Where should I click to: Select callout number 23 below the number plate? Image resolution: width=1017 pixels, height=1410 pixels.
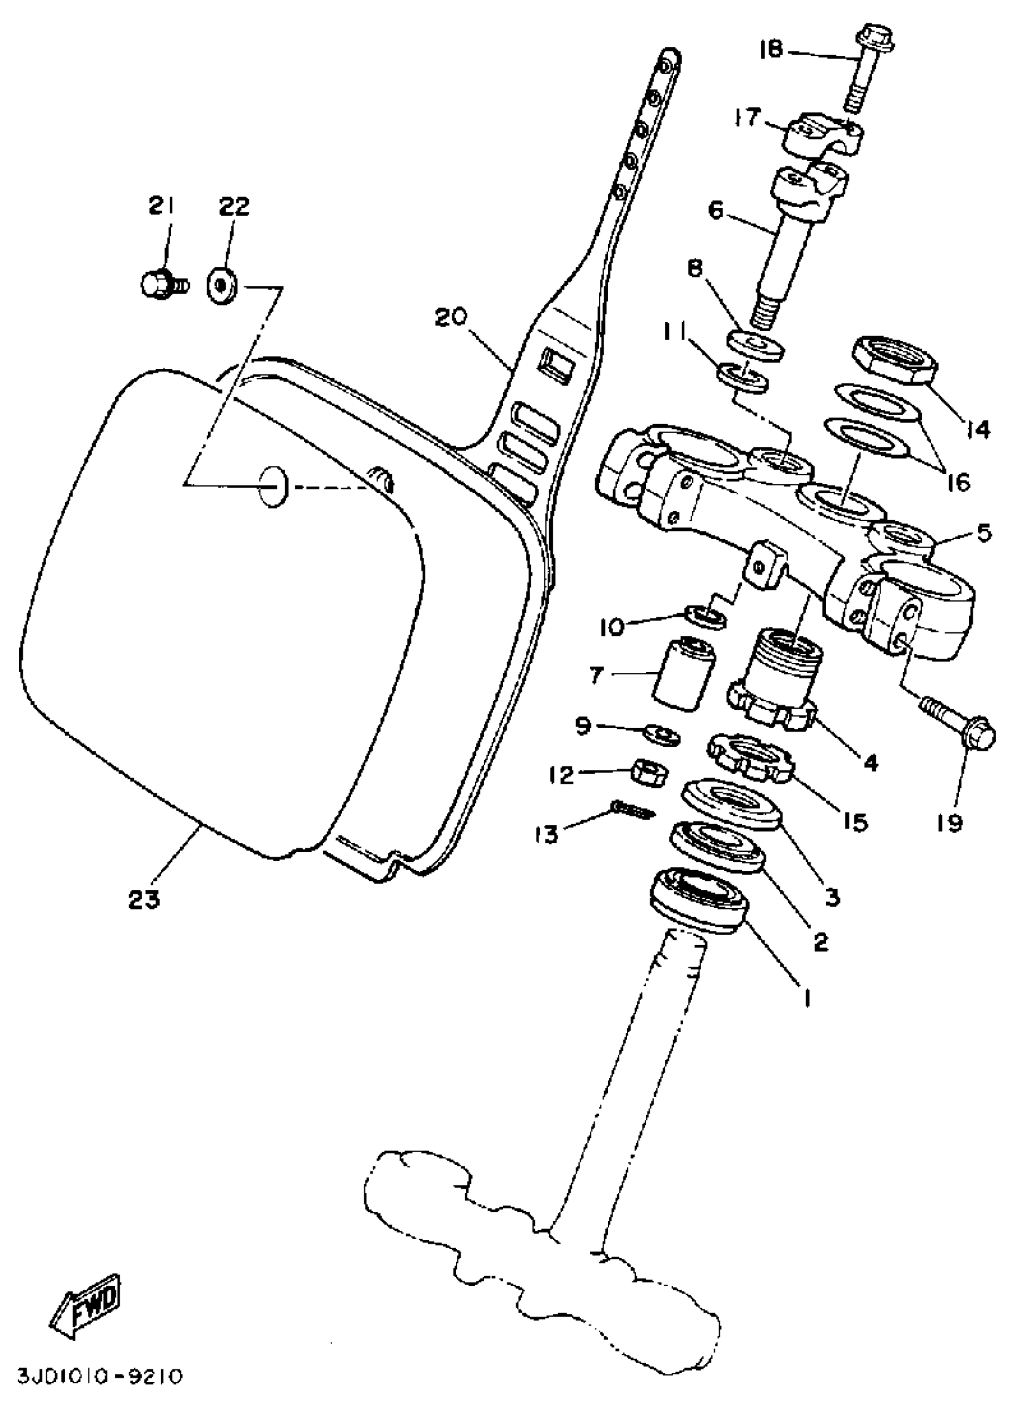(x=144, y=899)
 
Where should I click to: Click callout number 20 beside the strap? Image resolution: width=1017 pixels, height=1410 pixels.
(x=450, y=318)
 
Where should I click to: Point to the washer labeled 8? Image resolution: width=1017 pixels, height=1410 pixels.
(x=754, y=344)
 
